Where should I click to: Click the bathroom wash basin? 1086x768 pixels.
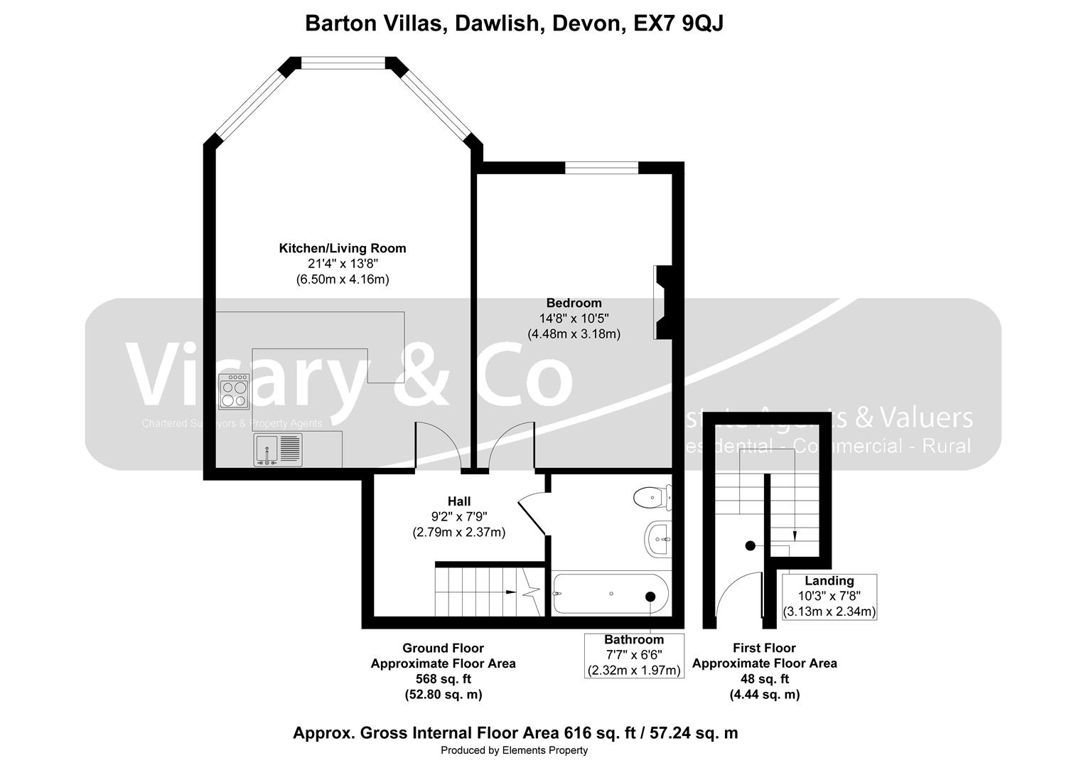(658, 539)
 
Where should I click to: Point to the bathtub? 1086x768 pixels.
(610, 594)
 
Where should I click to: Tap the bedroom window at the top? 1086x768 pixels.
(601, 168)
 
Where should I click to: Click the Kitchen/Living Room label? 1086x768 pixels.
(342, 248)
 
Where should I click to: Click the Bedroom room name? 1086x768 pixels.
(574, 303)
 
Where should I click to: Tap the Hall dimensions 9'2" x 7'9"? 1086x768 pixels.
(458, 516)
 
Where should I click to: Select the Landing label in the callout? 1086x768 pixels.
(829, 581)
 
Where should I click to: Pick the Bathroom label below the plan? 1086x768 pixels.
(633, 639)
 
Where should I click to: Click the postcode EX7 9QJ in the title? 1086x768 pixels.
(678, 23)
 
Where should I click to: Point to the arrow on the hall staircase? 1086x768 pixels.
(510, 592)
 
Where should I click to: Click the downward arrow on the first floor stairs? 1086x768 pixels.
(795, 537)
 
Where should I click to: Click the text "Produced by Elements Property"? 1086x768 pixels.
(514, 750)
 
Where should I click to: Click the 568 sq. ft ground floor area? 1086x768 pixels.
(443, 679)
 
